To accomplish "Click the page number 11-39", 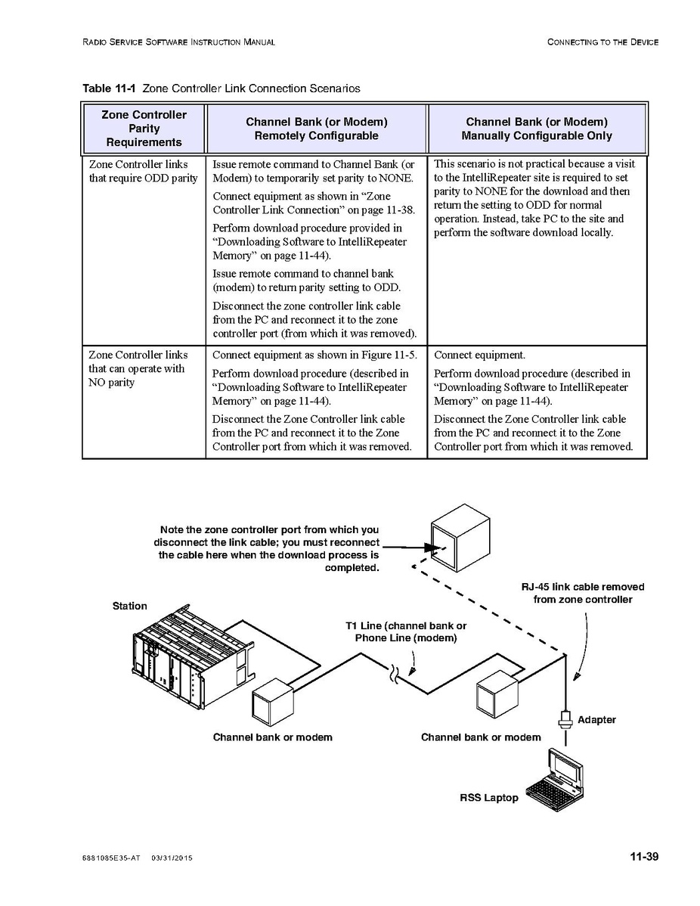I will point(644,857).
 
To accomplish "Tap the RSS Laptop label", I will point(489,798).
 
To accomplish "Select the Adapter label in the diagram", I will point(596,720).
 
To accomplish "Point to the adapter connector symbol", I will point(565,718).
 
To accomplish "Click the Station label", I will point(130,606).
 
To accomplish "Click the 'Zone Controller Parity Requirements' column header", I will point(144,129).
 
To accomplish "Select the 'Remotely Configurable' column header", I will point(316,129).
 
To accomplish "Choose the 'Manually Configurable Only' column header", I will point(537,129).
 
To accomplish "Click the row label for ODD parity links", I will point(144,171).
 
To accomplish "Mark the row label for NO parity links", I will point(137,368).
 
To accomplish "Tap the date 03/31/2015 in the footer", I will point(172,858).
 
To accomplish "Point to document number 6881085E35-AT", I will point(112,858).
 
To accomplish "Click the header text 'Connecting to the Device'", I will point(602,42).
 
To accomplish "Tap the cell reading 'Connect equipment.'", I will point(479,355).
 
